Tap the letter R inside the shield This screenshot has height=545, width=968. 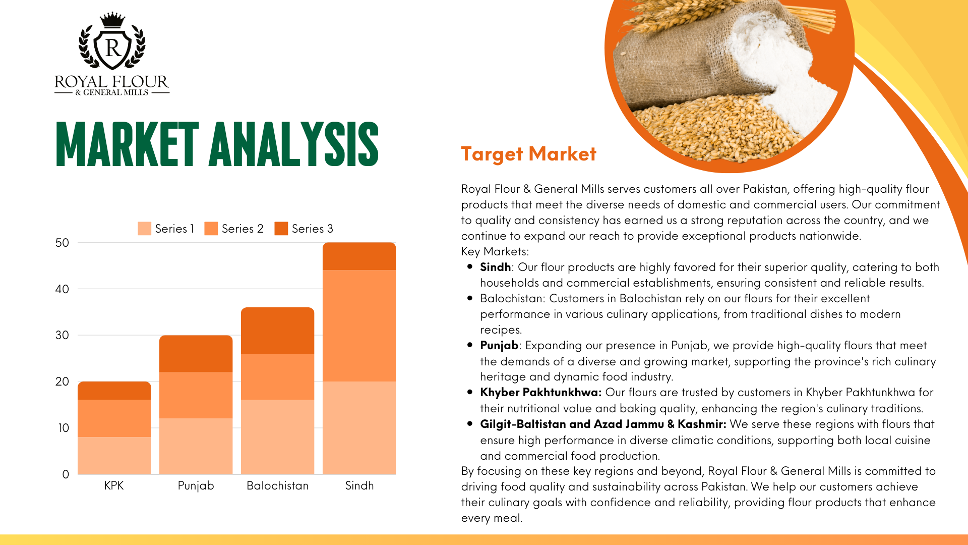(113, 48)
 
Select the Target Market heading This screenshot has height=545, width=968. (528, 154)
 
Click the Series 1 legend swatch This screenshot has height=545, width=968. (144, 229)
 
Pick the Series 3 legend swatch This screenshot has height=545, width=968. (281, 229)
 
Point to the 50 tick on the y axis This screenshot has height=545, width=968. (62, 243)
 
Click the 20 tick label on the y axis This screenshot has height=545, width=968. (62, 381)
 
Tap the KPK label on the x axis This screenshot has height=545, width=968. (114, 485)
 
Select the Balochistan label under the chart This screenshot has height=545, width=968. (277, 485)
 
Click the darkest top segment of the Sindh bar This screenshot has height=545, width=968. (359, 256)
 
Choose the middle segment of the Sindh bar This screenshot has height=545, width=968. (359, 325)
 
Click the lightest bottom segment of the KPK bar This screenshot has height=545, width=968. (114, 456)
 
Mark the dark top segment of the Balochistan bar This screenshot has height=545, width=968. (277, 331)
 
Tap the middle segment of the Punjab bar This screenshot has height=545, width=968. (196, 395)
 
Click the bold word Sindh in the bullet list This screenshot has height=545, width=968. (495, 267)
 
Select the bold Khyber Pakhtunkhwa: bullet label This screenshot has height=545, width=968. (540, 392)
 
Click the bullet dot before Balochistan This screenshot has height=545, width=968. (470, 298)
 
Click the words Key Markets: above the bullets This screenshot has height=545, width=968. (495, 251)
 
